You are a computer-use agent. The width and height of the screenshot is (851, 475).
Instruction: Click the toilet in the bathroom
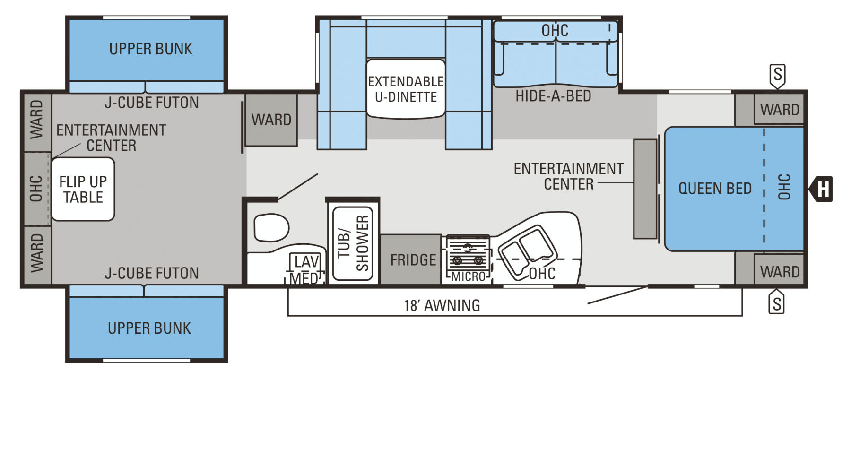pos(271,228)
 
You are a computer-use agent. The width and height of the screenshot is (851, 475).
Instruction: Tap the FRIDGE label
pos(413,260)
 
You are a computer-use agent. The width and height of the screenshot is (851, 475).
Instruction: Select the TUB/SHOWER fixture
pos(353,243)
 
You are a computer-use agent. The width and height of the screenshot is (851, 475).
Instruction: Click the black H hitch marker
pos(821,189)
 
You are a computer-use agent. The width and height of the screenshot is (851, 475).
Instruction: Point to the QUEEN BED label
pos(715,189)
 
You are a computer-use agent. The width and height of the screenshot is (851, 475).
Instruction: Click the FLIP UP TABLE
pos(83,189)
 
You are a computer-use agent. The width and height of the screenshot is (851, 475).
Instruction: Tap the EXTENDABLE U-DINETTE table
pos(406,89)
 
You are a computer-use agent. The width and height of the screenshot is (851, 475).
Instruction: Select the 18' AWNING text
pos(442,305)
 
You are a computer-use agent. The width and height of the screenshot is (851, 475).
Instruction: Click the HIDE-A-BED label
pos(553,96)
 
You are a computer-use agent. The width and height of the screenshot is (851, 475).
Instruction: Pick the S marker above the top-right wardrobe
pos(778,76)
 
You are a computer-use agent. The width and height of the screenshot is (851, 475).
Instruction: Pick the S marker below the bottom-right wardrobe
pos(777,302)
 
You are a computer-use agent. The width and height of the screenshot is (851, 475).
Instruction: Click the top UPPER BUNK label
pos(151,49)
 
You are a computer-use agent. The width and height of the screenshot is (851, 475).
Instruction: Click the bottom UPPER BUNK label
pos(149,328)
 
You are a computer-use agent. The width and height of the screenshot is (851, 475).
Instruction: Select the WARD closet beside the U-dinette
pos(271,120)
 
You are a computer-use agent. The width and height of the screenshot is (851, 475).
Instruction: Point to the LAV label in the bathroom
pos(307,261)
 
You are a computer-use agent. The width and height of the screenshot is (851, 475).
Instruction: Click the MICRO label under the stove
pos(468,276)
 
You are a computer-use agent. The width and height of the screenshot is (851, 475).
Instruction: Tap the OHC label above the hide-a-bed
pos(555,31)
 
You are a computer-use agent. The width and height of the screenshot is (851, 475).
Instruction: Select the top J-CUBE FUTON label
pos(152,103)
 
